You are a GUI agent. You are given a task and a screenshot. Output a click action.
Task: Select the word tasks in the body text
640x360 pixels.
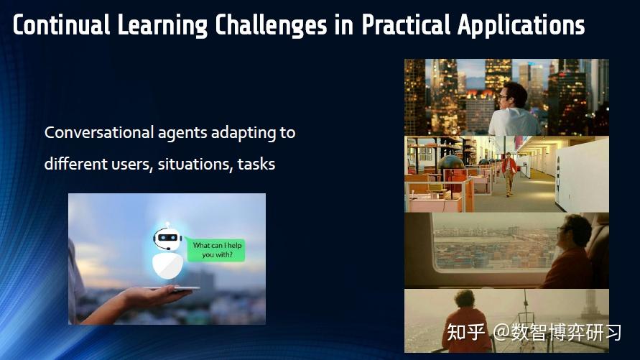(256, 165)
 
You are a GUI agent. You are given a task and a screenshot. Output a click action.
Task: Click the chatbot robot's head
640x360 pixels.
(167, 237)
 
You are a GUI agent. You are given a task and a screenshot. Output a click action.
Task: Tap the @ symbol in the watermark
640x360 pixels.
(501, 333)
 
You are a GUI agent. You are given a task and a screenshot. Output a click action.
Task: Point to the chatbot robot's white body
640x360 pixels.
(167, 264)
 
